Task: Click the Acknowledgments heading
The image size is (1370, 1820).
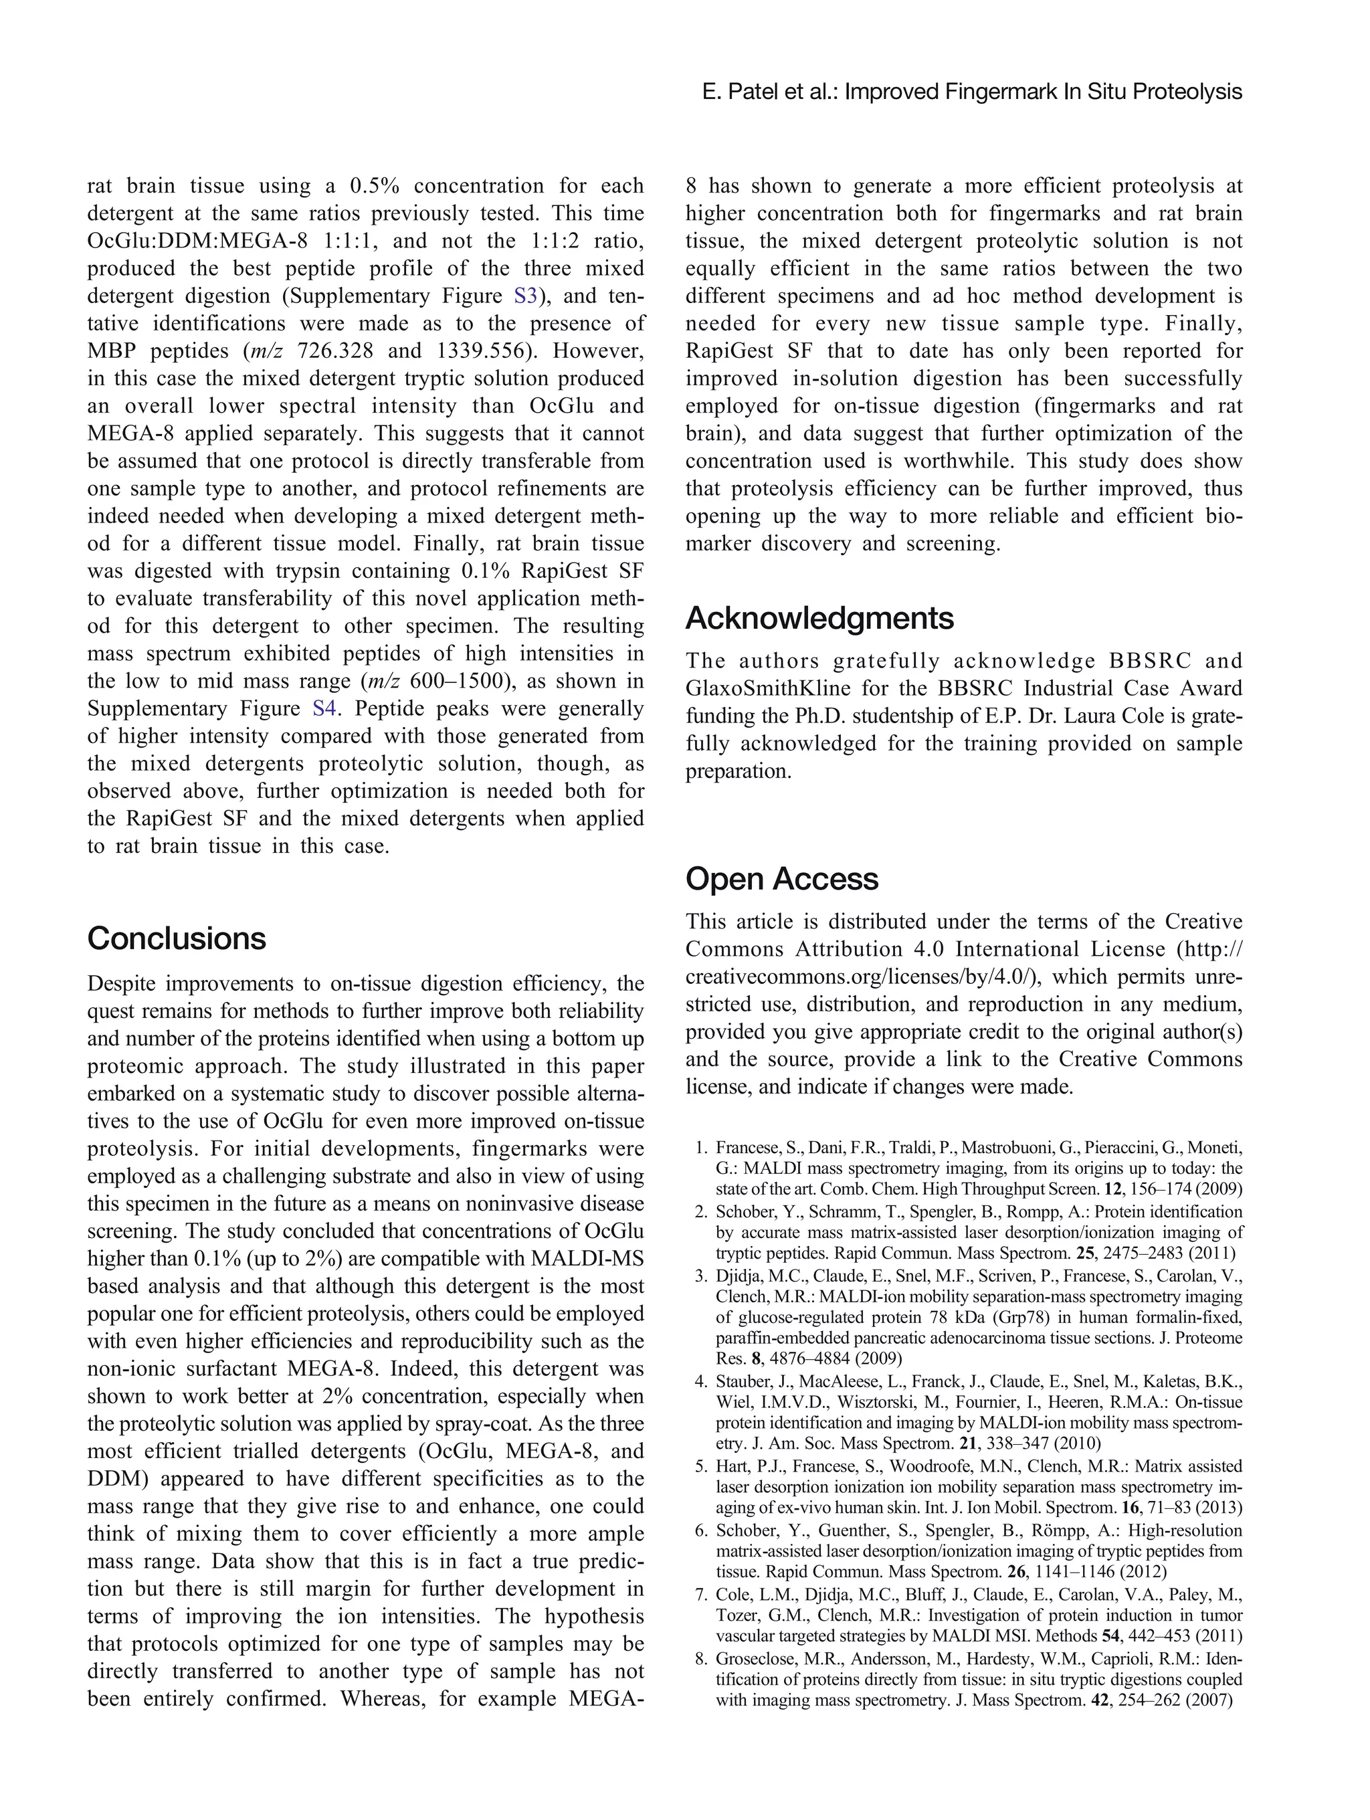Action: coord(819,618)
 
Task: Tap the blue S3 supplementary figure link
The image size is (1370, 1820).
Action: coord(524,296)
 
